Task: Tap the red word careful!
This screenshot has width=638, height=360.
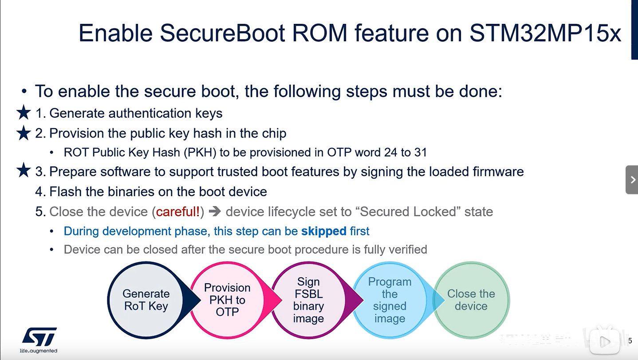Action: tap(178, 212)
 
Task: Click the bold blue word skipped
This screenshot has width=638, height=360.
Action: tap(324, 231)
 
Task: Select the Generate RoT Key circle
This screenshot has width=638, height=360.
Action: tap(146, 300)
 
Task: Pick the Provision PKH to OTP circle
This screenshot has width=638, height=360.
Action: tap(227, 300)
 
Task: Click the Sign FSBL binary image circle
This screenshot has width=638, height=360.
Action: tap(308, 300)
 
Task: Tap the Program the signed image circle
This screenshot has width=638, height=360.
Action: tap(390, 300)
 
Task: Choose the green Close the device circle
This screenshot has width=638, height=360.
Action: tap(471, 300)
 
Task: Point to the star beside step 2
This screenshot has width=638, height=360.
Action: tap(24, 133)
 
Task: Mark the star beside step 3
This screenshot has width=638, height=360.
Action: tap(24, 170)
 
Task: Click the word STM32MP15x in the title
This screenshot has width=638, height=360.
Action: tap(545, 33)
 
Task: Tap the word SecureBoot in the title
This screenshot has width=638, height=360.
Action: tap(222, 33)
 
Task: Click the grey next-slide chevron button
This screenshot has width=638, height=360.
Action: tap(632, 180)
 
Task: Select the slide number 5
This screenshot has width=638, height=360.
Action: tap(630, 340)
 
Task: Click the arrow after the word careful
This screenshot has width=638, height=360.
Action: tap(215, 211)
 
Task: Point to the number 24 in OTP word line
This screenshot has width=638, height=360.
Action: tap(390, 153)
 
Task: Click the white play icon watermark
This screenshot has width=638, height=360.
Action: tap(604, 341)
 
